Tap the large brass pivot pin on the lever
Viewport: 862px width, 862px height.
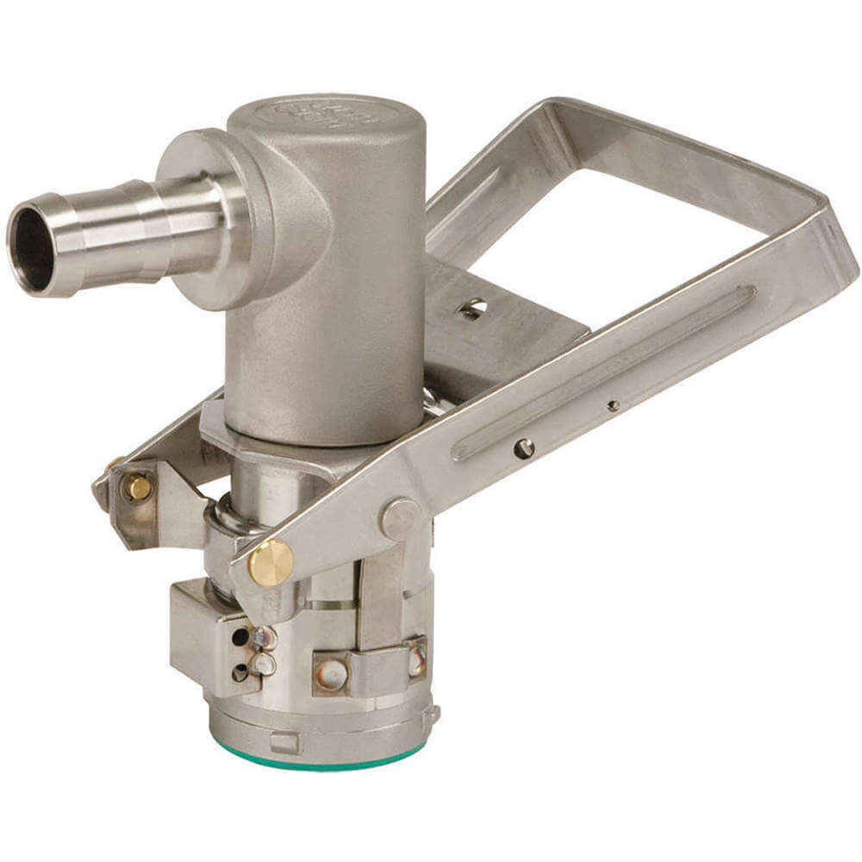271,563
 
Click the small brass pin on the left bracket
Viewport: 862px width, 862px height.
137,489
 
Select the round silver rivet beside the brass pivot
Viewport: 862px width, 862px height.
398,518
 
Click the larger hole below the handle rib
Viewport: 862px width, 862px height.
523,448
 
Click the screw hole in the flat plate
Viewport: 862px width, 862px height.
472,308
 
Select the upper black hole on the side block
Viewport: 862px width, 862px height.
240,637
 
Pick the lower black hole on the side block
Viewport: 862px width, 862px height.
240,672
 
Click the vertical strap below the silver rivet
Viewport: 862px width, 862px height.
380,595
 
